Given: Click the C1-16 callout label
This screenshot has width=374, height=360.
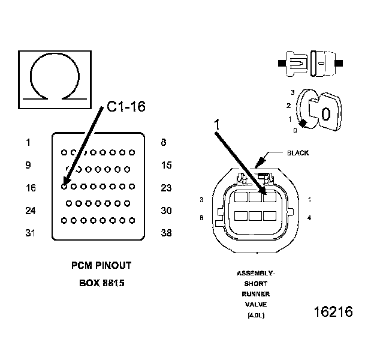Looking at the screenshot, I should click(x=126, y=107).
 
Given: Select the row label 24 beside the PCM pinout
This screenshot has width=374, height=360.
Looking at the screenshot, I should click(x=31, y=211).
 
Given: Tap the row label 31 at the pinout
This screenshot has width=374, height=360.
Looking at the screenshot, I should click(x=31, y=233).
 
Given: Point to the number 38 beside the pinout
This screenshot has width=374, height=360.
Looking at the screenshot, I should click(x=167, y=233).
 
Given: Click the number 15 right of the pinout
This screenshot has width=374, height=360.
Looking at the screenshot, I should click(x=167, y=165).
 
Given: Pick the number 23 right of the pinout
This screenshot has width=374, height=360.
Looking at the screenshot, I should click(x=167, y=188).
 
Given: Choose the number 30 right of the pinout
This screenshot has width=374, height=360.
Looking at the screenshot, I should click(x=167, y=211).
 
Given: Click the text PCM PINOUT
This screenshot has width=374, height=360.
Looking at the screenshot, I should click(x=101, y=265).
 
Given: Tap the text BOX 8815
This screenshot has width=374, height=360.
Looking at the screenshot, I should click(x=101, y=283).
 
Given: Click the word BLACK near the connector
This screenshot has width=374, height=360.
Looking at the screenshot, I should click(x=298, y=153).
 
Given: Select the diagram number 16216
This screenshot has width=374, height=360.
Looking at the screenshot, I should click(x=333, y=312).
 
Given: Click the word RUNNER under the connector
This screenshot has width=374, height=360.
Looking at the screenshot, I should click(x=255, y=295).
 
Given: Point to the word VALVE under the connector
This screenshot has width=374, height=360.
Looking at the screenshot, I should click(x=255, y=305).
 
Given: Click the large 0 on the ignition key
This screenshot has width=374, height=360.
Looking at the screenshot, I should click(x=325, y=113).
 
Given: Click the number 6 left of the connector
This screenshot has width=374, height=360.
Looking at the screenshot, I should click(x=201, y=218).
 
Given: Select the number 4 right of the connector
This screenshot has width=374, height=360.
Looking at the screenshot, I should click(x=309, y=218).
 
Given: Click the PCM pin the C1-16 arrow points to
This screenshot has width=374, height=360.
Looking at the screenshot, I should click(x=64, y=186).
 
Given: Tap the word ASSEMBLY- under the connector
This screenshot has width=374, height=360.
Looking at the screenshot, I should click(x=255, y=273).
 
